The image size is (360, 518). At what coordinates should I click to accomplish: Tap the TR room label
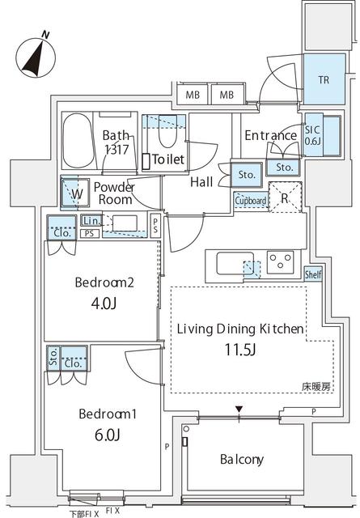324,79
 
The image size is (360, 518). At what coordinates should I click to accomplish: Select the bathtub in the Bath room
78,141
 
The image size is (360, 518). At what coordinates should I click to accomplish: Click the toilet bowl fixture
168,131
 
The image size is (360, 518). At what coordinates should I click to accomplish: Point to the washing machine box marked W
76,193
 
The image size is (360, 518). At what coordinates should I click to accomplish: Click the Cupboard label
251,201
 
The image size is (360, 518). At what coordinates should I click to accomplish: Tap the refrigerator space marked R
285,197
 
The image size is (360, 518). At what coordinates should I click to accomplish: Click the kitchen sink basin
235,263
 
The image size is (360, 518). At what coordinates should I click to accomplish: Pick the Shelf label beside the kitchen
313,274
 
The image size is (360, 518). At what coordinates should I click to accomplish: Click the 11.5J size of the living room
240,350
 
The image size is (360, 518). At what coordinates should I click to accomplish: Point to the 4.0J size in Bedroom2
104,304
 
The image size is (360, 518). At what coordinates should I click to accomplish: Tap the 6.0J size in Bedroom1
107,435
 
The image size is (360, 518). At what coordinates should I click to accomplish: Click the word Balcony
242,460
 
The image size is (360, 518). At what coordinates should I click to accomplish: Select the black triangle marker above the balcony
239,410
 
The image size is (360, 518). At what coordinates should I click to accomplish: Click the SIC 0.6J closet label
312,135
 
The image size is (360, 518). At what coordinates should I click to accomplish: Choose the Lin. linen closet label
91,221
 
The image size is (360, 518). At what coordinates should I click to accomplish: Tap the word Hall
201,181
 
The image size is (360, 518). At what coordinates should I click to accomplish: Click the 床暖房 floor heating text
316,387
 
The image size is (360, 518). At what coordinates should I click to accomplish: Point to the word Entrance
270,135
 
